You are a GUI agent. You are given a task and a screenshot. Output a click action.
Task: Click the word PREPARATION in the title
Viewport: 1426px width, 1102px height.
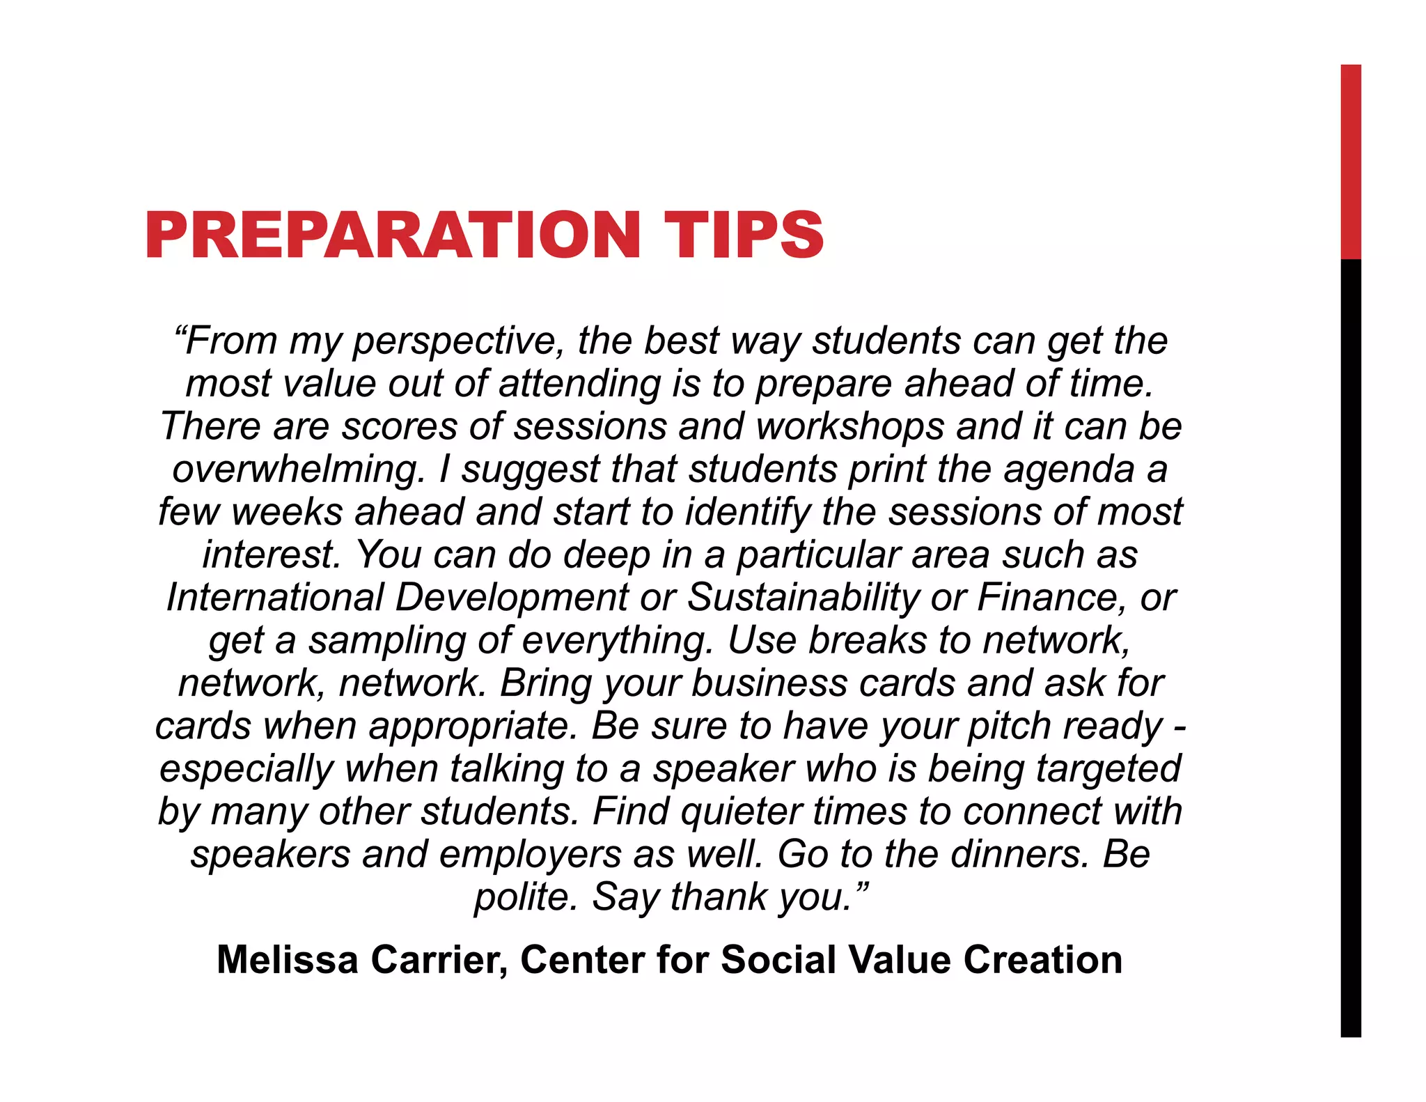[x=393, y=235]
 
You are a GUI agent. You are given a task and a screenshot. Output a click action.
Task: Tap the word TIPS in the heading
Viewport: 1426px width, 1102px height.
[x=743, y=235]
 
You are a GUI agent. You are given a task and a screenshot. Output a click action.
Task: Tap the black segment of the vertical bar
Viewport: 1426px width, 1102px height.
[x=1351, y=648]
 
